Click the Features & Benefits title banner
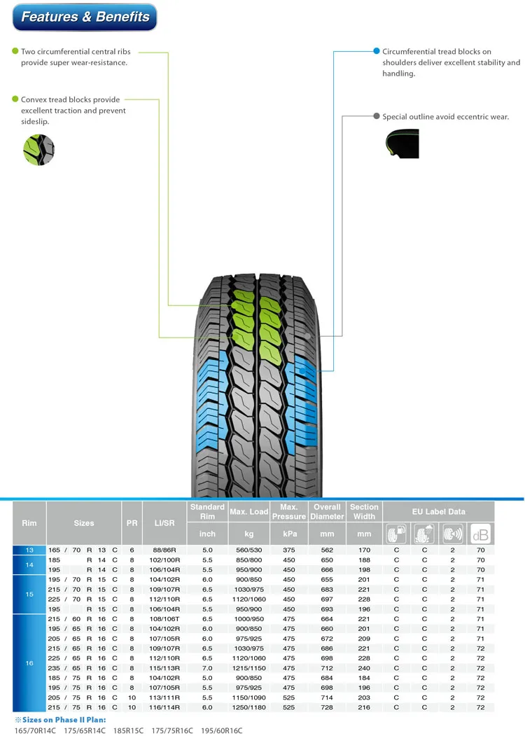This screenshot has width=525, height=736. [85, 18]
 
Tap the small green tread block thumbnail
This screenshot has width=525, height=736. [38, 149]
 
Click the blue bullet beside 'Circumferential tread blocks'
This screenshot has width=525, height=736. [376, 52]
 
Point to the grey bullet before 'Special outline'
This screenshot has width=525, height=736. [376, 117]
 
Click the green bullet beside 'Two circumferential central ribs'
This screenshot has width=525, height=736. [15, 52]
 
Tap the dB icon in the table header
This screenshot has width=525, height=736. [480, 534]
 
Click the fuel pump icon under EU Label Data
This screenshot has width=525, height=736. [396, 534]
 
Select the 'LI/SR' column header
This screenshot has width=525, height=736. [164, 522]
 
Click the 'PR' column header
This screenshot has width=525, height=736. [132, 522]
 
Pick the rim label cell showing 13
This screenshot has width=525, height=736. [29, 550]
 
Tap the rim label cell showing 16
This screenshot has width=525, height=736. [29, 662]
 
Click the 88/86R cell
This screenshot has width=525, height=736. [164, 550]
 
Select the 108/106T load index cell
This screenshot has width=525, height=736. [164, 619]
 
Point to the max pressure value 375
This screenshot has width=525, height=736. [289, 550]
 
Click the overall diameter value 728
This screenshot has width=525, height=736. [327, 707]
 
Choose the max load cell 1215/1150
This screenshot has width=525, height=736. [248, 668]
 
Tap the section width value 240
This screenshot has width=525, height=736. [364, 668]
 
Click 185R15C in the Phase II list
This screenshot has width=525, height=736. [129, 730]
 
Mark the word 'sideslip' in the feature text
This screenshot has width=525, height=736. [36, 122]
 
